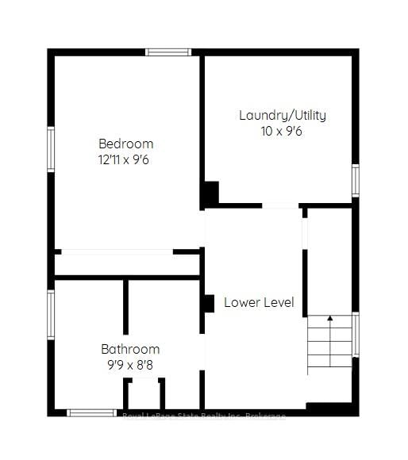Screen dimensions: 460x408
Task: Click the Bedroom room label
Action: (x=125, y=144)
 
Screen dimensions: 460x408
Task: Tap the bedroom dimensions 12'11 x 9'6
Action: (x=125, y=159)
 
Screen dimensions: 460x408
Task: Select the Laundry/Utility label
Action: (x=282, y=115)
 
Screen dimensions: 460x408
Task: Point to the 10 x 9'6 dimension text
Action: (x=282, y=131)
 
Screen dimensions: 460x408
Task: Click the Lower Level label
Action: (x=259, y=302)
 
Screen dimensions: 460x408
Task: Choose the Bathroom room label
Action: (x=130, y=349)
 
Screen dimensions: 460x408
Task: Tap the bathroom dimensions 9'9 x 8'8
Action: (x=130, y=365)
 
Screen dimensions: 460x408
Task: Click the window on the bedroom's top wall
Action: (x=168, y=52)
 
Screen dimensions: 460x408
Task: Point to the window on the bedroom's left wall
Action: (x=51, y=150)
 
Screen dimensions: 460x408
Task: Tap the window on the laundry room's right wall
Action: (x=355, y=180)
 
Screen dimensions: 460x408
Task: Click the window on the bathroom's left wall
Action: (x=51, y=315)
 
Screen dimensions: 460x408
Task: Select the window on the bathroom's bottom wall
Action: (x=91, y=412)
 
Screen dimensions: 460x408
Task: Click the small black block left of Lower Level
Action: (x=209, y=303)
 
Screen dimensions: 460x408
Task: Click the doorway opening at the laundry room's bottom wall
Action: (x=280, y=206)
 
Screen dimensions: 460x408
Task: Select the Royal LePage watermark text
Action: (x=204, y=416)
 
